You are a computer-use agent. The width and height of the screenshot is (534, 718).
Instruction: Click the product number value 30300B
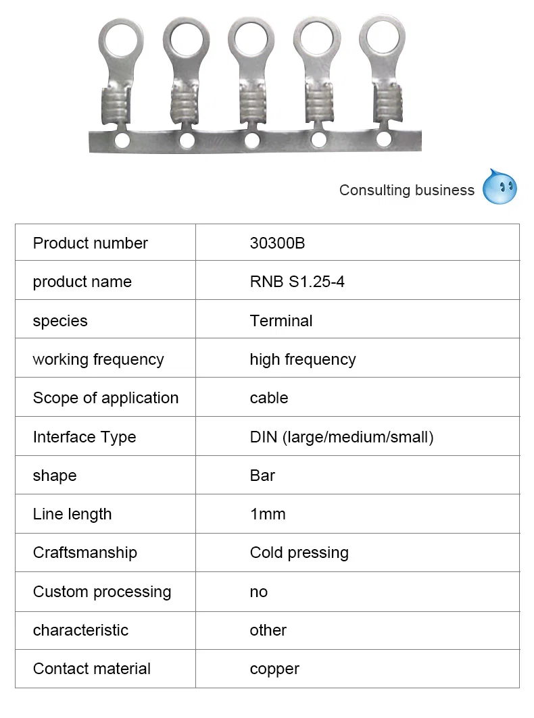277,243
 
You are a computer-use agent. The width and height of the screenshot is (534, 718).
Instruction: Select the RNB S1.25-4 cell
297,282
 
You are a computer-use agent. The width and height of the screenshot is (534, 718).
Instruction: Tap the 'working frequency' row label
98,359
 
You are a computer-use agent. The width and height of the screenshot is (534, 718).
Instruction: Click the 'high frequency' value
302,359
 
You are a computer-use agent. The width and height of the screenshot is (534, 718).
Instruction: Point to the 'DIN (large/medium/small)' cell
341,437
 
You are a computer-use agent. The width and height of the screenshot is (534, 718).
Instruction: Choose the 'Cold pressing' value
299,553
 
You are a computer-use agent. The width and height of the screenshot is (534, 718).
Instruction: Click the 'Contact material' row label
91,669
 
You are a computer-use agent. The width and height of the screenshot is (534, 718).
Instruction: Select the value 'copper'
274,669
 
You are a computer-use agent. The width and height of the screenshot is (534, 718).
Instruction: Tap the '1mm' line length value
268,514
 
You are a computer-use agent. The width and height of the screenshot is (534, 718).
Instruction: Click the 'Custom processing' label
101,592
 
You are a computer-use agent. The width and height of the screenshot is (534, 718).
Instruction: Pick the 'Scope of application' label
105,398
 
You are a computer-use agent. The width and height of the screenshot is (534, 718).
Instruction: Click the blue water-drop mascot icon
500,187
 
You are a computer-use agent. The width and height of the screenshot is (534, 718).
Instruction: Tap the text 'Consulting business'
406,190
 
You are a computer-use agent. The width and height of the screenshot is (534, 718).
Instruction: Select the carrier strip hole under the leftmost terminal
122,140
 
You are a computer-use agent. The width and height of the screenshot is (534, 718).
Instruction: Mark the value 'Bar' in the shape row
262,476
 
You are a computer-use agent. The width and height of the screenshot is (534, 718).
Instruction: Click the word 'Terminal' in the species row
281,321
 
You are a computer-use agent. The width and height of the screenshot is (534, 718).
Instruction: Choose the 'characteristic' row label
80,630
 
